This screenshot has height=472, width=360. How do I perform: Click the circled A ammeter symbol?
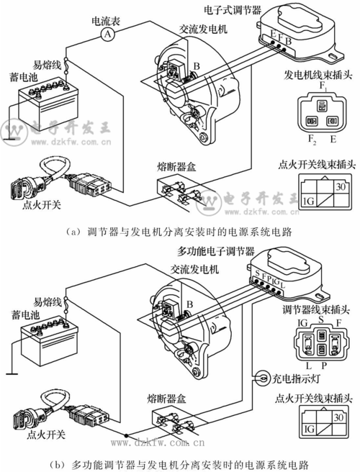tap(107, 34)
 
